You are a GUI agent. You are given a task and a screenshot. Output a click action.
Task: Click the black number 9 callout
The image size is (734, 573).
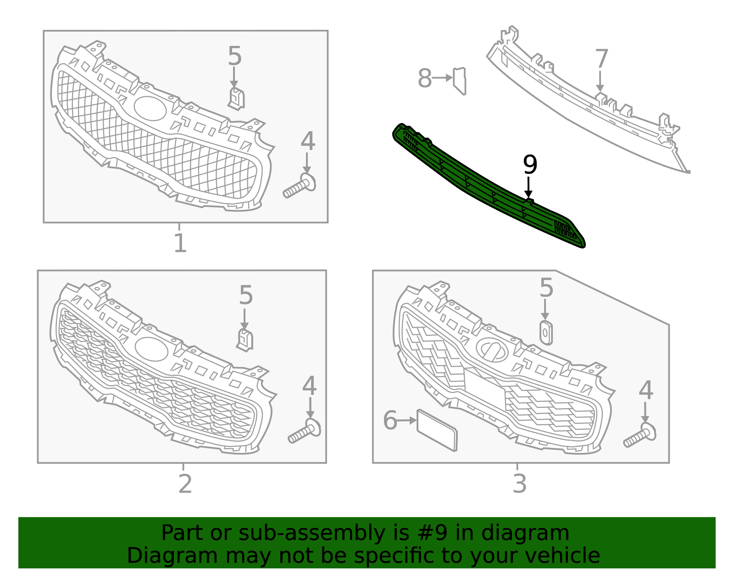pos(530,165)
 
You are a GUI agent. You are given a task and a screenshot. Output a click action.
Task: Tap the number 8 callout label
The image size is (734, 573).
pos(424,78)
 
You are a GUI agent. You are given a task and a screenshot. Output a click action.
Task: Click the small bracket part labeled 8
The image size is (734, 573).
pos(460,81)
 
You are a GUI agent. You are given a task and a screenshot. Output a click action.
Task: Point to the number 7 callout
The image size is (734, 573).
pos(601,60)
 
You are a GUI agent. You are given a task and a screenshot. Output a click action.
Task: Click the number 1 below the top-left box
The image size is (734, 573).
pos(180,243)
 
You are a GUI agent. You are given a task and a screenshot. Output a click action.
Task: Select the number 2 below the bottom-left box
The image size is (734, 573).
pos(184,484)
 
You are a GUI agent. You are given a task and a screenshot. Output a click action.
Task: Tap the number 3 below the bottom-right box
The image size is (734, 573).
pos(519,484)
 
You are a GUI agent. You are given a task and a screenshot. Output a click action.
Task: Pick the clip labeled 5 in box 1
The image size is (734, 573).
pos(236,99)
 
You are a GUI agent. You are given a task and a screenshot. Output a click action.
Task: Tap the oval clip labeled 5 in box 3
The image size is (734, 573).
pos(545,333)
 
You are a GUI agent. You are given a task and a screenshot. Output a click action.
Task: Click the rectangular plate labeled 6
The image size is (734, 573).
pos(437,430)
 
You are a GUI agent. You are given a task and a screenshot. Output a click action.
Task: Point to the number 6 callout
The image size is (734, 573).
pos(390,421)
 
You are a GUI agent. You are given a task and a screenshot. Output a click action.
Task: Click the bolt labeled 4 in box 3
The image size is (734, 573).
pos(640,436)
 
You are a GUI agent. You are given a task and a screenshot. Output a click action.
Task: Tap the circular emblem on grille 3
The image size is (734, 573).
pos(492,350)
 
